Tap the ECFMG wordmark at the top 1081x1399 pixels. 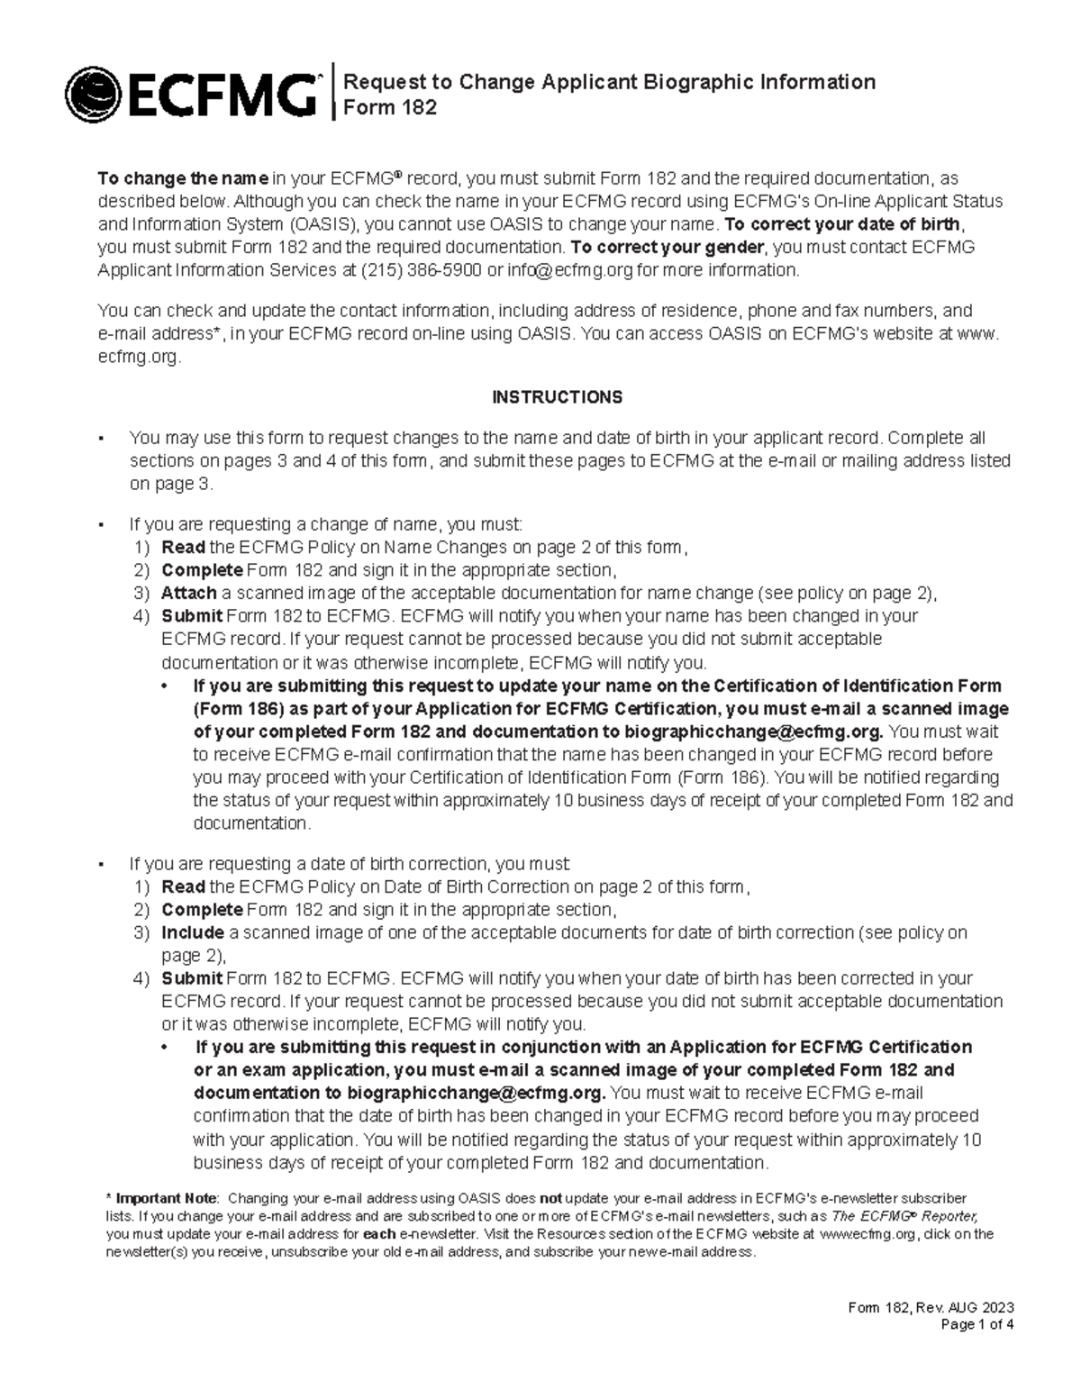pos(224,94)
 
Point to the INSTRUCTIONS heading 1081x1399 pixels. pos(557,397)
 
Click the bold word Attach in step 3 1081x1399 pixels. pos(188,593)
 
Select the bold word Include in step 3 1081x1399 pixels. pos(192,932)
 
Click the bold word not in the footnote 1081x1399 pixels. pos(550,1198)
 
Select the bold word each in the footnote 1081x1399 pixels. pos(385,1234)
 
